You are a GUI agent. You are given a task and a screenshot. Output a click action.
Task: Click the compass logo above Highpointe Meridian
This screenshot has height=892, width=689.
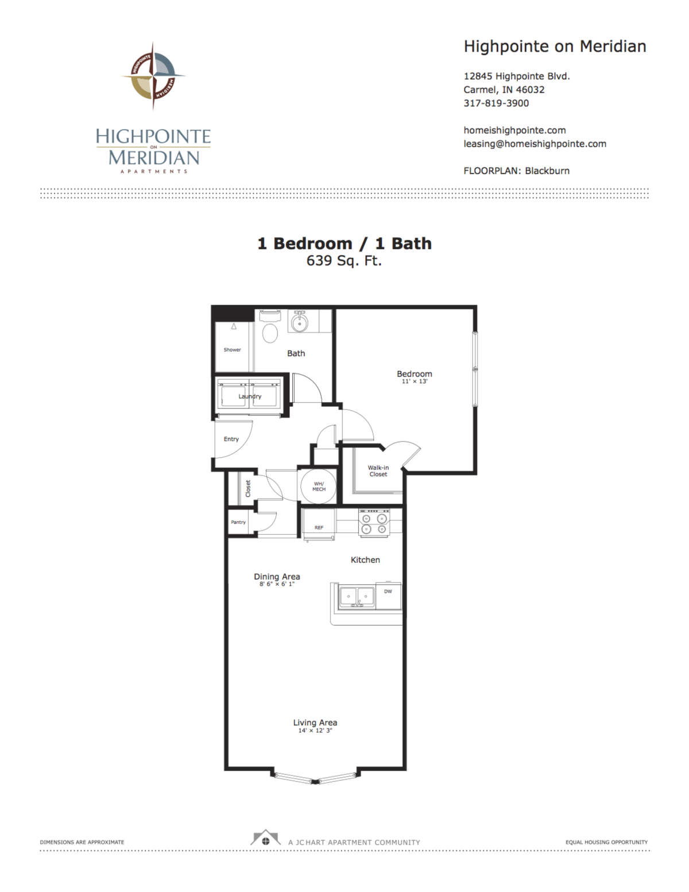tap(153, 76)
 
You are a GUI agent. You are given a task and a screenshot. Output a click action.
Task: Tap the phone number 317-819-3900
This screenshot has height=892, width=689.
tap(496, 103)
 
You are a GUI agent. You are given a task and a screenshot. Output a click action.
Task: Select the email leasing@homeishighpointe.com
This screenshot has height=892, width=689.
tap(535, 144)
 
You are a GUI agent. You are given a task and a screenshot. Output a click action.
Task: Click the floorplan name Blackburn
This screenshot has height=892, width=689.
tap(547, 171)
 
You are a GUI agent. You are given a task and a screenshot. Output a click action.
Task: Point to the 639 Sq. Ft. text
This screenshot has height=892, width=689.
tap(344, 261)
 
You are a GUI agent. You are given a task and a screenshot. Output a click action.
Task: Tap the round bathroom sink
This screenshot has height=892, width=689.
tap(299, 323)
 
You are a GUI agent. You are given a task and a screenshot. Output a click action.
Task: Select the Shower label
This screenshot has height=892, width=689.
tap(232, 350)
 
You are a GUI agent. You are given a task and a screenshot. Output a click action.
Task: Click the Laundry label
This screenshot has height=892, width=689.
tap(250, 396)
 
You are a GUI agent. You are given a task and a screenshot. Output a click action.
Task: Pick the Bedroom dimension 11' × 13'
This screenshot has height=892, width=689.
tap(414, 381)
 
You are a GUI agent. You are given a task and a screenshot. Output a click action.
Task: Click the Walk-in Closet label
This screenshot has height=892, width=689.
tap(378, 471)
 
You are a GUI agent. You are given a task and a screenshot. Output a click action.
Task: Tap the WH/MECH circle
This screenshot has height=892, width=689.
tap(319, 486)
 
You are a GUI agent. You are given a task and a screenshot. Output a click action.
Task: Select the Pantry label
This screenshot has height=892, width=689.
tap(238, 522)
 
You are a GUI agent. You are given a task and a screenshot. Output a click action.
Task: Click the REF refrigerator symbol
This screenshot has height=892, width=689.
tap(319, 526)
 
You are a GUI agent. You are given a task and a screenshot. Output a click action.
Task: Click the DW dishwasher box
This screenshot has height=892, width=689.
tap(388, 592)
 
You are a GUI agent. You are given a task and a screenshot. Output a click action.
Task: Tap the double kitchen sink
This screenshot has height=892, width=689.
tap(357, 597)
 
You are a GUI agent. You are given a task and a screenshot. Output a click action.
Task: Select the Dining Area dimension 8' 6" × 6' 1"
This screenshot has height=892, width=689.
tap(277, 584)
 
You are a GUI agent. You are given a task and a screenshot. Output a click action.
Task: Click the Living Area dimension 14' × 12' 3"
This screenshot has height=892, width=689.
tap(315, 731)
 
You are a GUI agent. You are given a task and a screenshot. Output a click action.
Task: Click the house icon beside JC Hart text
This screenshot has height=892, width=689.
tap(265, 839)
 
